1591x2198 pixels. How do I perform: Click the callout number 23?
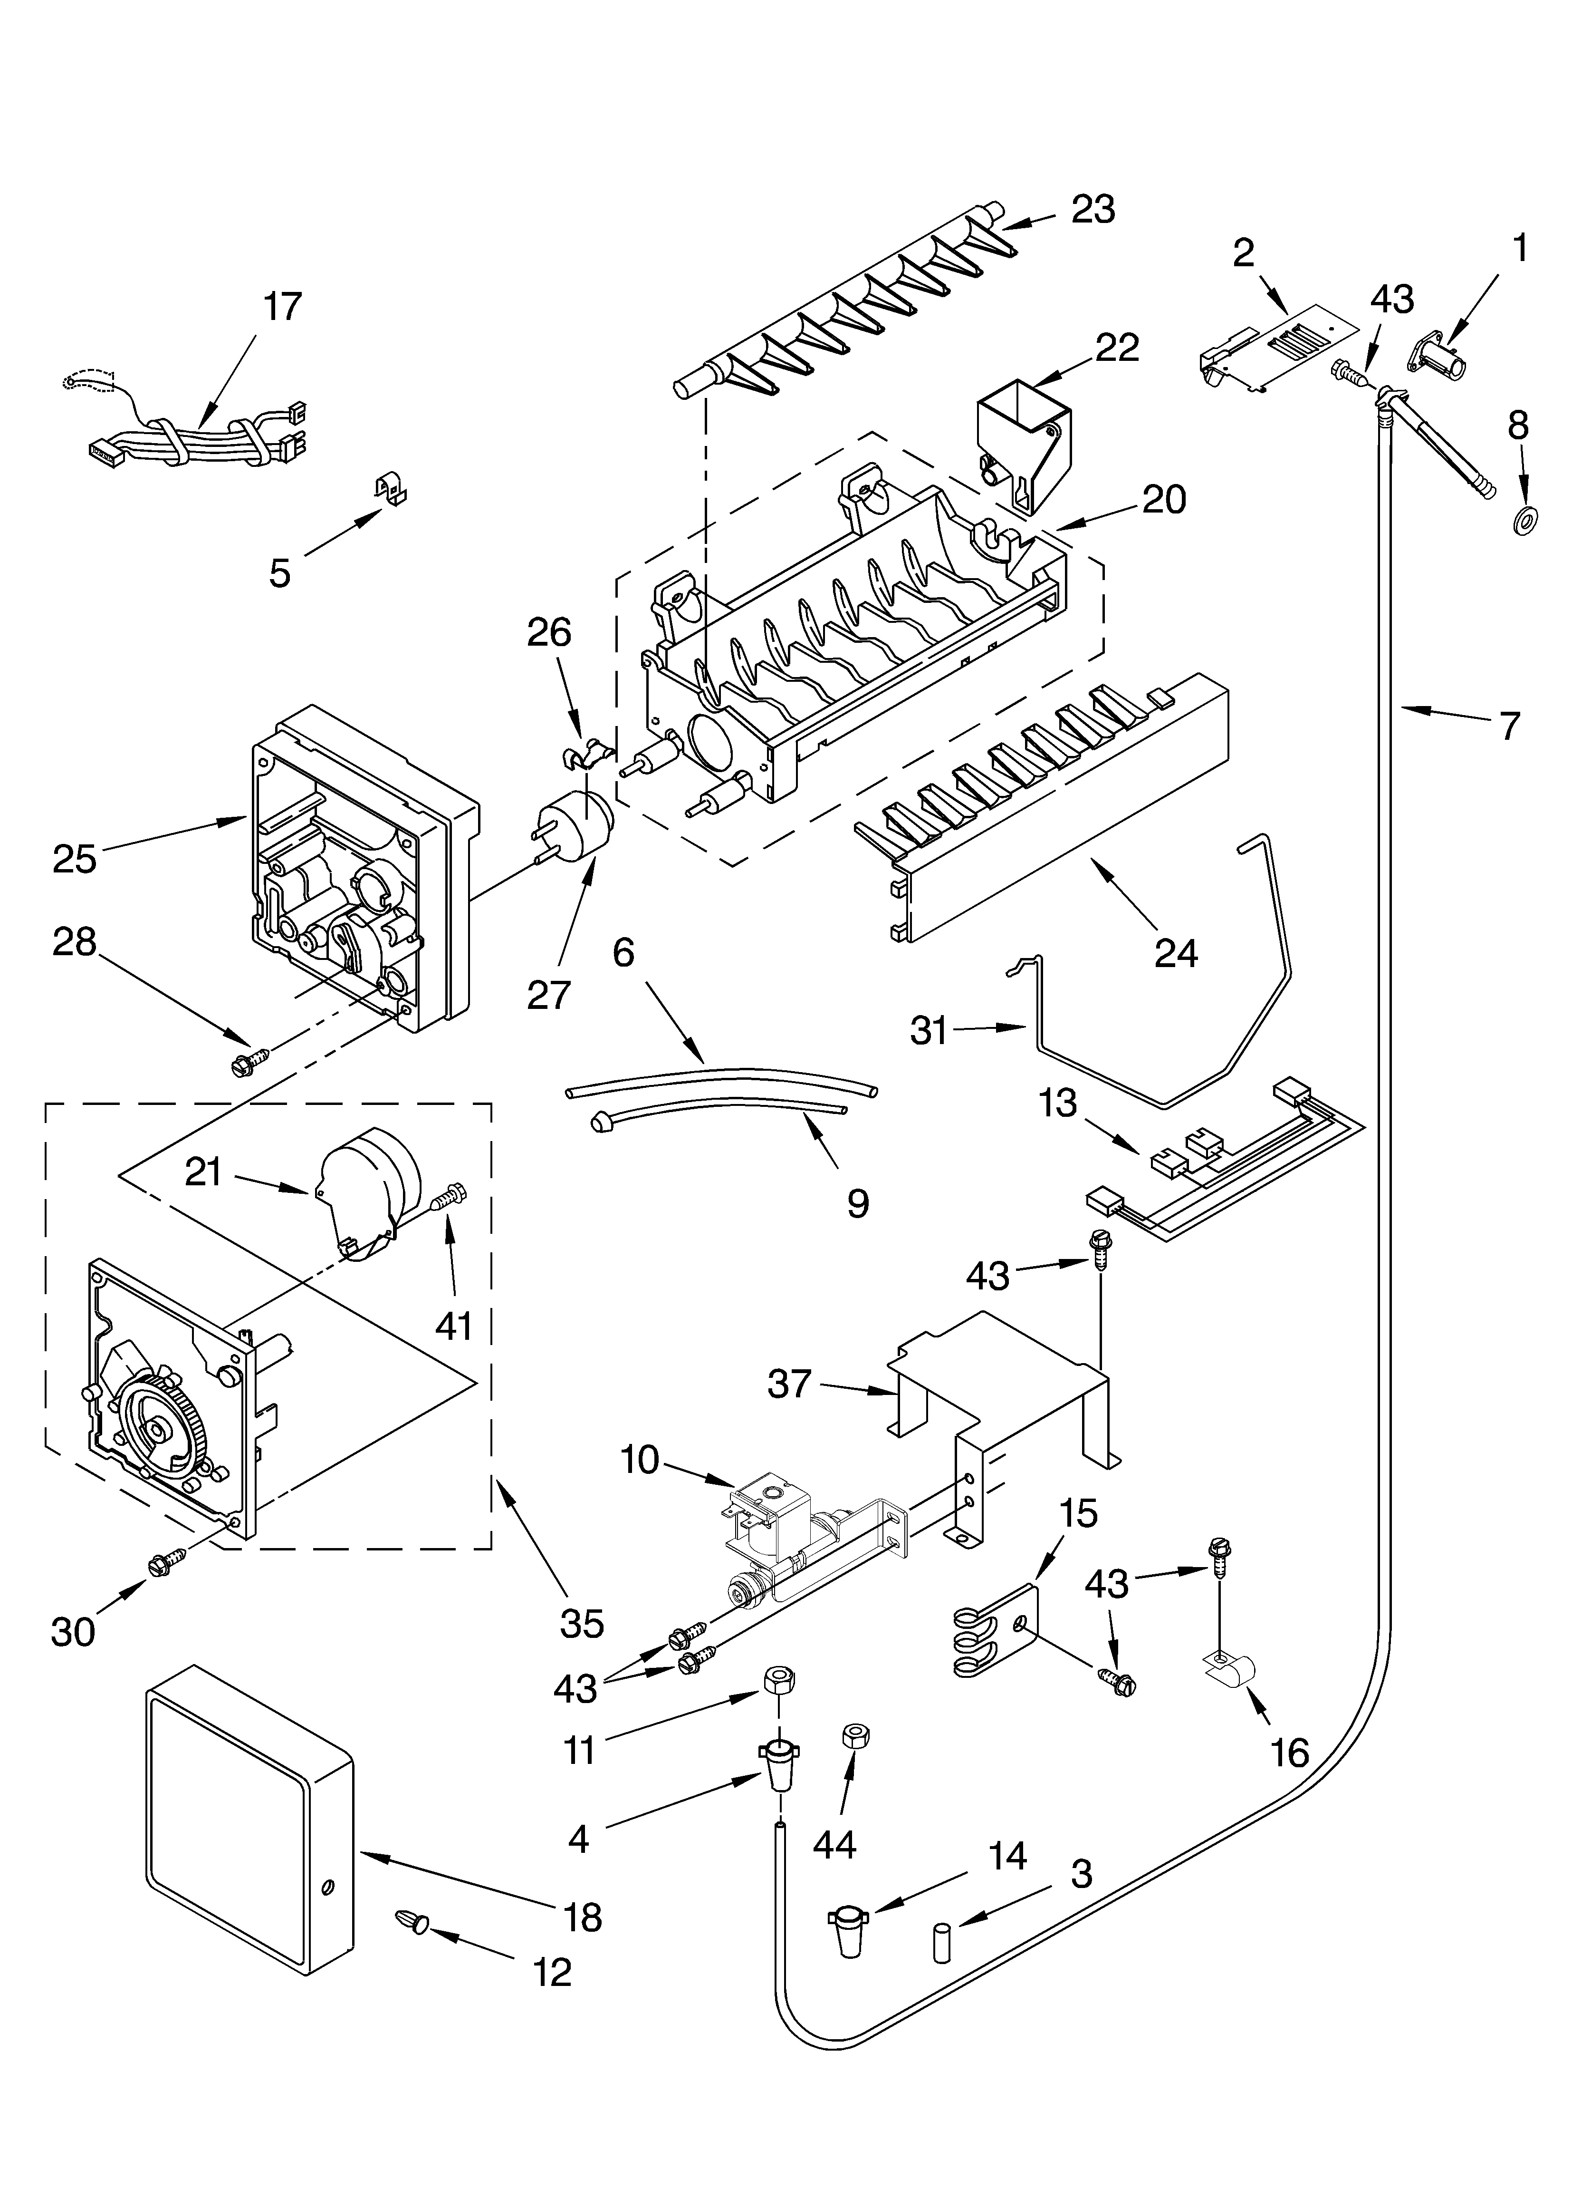click(1093, 209)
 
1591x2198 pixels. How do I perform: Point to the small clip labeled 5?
click(392, 490)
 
